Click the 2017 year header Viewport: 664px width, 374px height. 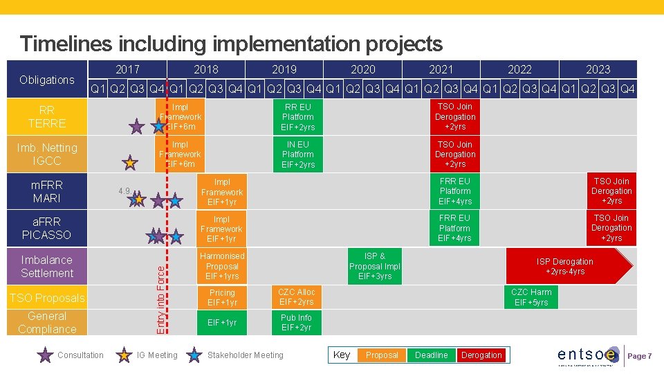127,69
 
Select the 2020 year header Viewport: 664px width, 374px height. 363,69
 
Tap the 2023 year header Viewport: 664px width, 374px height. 598,69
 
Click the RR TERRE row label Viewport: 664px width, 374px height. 47,117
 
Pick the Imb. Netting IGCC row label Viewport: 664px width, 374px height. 47,154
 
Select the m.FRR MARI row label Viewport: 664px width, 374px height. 47,191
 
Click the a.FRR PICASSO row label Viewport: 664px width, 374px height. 47,228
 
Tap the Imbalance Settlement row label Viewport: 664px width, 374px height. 47,267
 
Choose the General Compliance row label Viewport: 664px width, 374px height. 47,322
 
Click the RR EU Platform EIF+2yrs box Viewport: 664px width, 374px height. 298,117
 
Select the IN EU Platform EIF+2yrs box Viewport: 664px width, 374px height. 298,154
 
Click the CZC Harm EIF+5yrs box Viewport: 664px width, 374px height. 531,297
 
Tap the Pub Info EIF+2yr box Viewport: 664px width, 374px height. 296,323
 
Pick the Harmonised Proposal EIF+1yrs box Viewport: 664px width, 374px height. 222,267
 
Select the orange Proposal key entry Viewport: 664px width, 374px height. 382,355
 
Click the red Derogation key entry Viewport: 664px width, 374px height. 481,355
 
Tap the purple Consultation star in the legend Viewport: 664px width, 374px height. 46,355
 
